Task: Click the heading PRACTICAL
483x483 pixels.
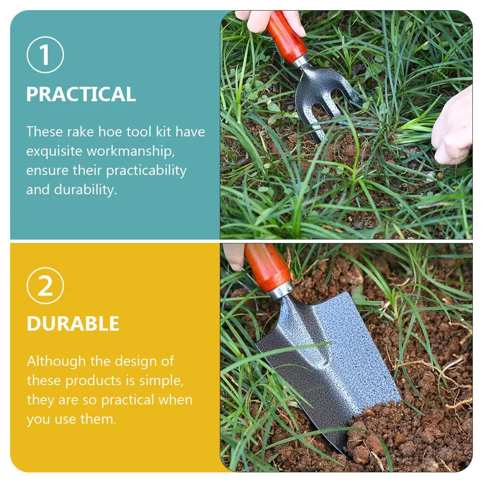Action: click(x=81, y=94)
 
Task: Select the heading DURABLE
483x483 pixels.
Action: click(x=73, y=324)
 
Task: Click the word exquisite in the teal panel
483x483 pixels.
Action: click(x=54, y=151)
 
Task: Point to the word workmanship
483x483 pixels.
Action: click(x=130, y=151)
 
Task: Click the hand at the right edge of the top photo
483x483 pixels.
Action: click(x=453, y=128)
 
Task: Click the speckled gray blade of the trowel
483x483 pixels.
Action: click(x=337, y=366)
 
